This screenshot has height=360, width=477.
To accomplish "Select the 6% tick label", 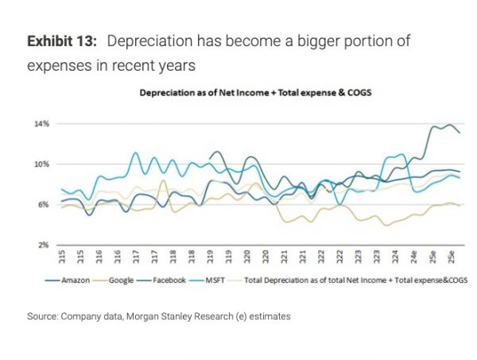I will pos(42,205).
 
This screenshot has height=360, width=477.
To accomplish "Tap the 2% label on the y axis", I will pos(42,245).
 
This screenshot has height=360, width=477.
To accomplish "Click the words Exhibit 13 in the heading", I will pos(61,41).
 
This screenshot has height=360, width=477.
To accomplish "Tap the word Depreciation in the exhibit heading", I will pos(146,41).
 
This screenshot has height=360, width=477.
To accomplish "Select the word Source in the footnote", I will pos(45,316).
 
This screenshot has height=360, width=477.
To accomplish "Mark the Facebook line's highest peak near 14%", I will pos(450,125).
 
